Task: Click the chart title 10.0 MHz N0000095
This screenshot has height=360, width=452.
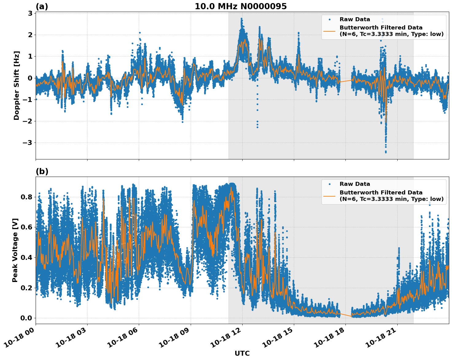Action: tap(240, 6)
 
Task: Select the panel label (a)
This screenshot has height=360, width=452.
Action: tap(42, 6)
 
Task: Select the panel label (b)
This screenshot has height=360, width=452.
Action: tap(42, 171)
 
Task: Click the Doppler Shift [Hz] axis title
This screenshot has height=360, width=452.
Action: tap(17, 85)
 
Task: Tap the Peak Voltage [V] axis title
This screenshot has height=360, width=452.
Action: tap(15, 250)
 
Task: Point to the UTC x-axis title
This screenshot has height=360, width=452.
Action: tap(242, 353)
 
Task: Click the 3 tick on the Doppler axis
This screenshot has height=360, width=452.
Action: tap(30, 13)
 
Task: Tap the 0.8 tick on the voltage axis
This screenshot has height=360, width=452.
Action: tap(26, 197)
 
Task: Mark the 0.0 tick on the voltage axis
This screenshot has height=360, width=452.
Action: tap(26, 318)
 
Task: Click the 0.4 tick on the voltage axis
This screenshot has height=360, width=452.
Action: tap(26, 257)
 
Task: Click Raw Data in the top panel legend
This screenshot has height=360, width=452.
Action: tap(355, 19)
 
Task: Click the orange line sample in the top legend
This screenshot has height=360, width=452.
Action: tap(329, 31)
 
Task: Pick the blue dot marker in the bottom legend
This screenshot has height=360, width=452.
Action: tap(329, 184)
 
